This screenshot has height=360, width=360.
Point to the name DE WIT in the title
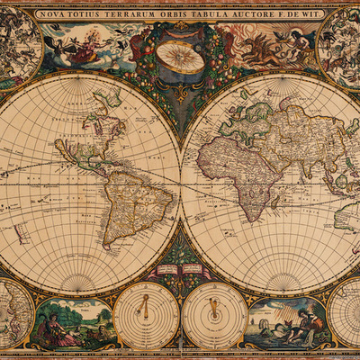[x=305, y=14]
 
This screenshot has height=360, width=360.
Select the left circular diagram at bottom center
[x=145, y=315]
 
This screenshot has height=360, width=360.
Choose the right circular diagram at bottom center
[x=214, y=315]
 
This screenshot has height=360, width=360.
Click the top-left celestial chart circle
[x=18, y=45]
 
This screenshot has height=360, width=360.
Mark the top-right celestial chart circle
[x=342, y=45]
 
